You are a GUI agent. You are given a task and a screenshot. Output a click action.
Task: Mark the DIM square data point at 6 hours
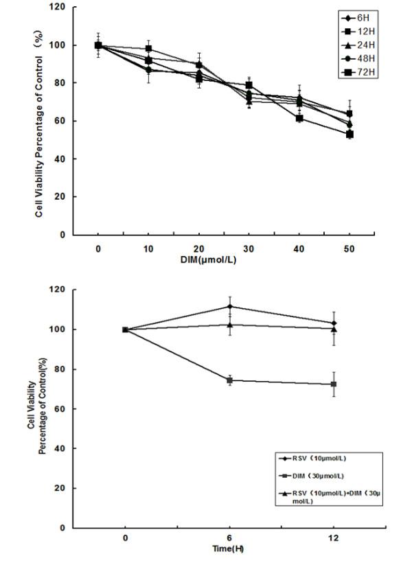(229, 380)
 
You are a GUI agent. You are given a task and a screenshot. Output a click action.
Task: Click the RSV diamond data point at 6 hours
(229, 306)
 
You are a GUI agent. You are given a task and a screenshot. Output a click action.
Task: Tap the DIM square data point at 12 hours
(334, 384)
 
